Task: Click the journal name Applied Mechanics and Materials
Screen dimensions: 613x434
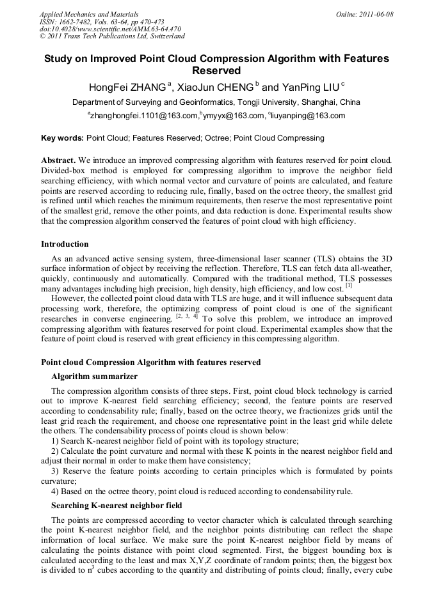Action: point(89,14)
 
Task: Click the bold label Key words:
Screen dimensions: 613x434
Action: point(62,138)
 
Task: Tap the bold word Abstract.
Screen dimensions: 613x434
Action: point(58,159)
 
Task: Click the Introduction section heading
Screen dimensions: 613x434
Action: point(65,244)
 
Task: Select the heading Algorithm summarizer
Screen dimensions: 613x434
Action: point(94,376)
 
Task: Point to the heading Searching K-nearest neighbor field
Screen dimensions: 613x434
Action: point(117,505)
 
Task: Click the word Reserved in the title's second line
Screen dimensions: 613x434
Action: point(216,70)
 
